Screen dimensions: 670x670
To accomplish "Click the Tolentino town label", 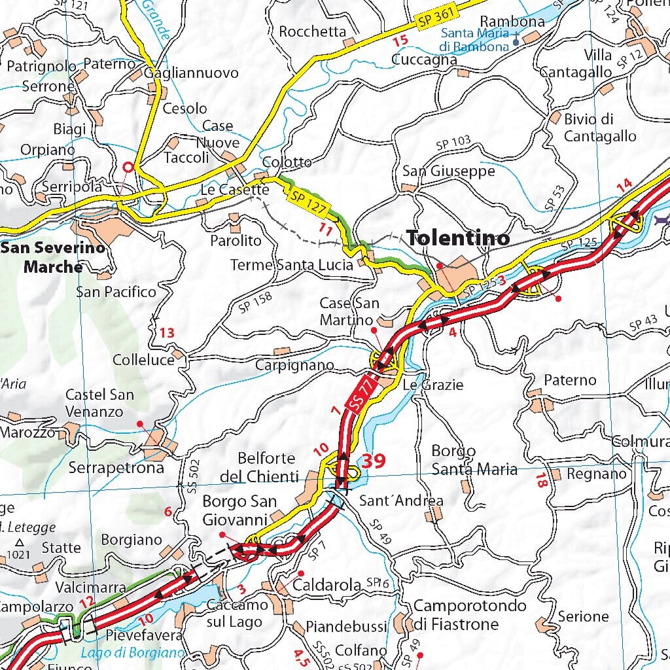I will pos(458,239).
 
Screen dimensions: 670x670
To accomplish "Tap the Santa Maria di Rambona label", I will pos(474,40).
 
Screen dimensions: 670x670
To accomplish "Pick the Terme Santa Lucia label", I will pos(291,265).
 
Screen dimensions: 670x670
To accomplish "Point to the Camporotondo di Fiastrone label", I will pos(470,614).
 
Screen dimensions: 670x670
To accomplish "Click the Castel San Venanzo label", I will pos(99,403).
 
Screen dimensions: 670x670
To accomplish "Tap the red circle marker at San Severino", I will pos(128,167).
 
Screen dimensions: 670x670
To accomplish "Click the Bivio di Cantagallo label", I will pos(599,128).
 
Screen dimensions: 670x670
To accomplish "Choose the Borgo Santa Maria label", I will pos(474,460).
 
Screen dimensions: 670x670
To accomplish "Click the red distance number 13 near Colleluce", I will pos(167,333).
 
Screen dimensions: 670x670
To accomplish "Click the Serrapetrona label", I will pos(116,468).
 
